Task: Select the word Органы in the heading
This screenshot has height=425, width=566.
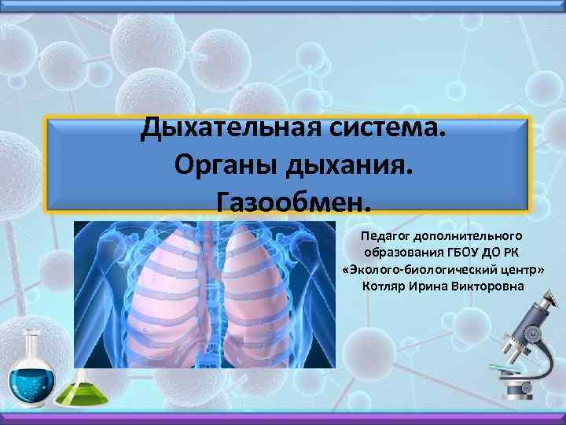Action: pos(218,166)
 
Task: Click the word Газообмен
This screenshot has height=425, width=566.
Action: pos(292,204)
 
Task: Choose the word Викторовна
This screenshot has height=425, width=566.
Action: pos(488,284)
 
